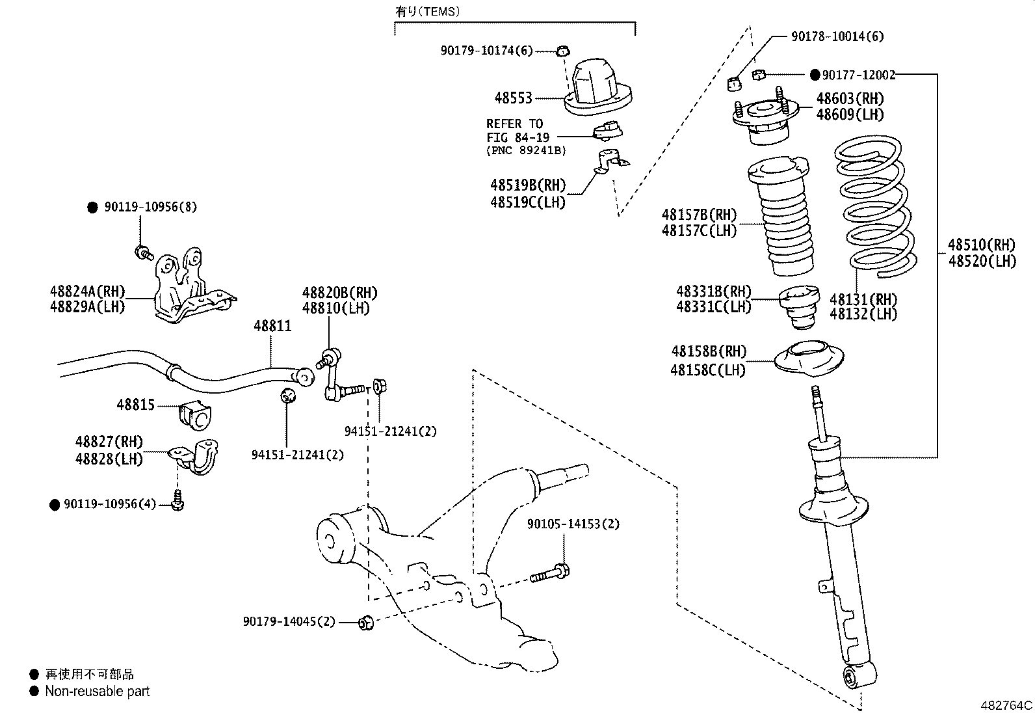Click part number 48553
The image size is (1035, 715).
click(513, 98)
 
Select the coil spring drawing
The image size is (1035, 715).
click(875, 208)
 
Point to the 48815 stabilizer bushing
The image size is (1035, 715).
click(195, 416)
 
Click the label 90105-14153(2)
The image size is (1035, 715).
click(573, 524)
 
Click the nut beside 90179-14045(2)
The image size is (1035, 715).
click(365, 623)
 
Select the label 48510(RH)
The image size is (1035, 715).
click(981, 245)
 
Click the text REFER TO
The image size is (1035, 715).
click(514, 124)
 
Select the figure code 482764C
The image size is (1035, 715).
click(1006, 705)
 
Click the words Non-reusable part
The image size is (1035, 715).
click(97, 692)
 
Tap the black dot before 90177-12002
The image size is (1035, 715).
click(815, 75)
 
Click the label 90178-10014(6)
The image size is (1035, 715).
click(837, 36)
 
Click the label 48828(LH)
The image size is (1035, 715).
click(109, 459)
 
